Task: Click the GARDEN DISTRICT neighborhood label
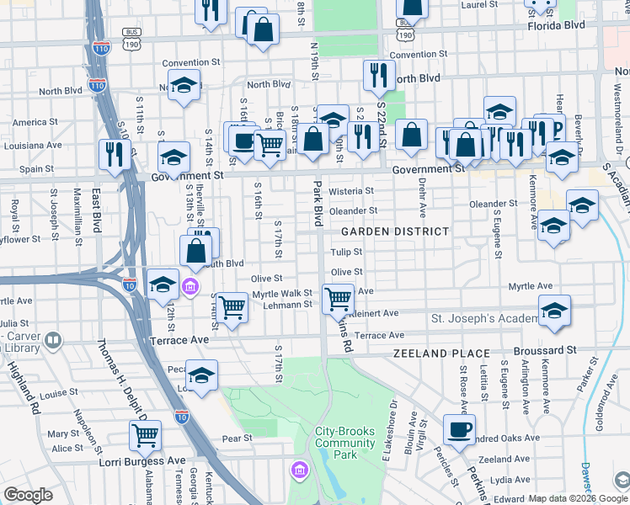(x=394, y=231)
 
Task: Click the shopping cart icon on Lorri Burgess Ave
(x=146, y=436)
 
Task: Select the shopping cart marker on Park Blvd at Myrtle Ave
(x=338, y=297)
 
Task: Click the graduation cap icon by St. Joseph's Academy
(x=554, y=311)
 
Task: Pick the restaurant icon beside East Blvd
(x=113, y=153)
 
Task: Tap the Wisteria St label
(x=350, y=191)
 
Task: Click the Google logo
(x=29, y=495)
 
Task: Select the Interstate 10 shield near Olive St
(x=129, y=284)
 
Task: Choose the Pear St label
(x=237, y=439)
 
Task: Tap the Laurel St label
(x=480, y=4)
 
